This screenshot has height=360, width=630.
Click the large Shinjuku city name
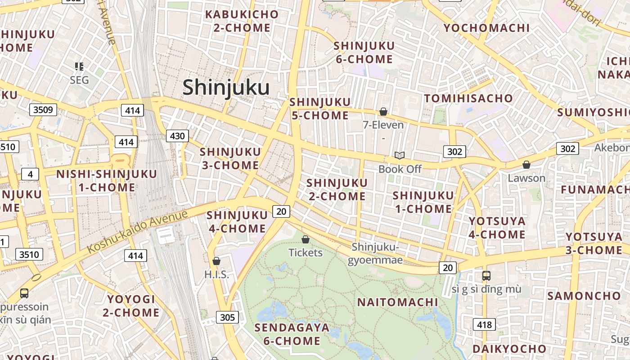point(226,87)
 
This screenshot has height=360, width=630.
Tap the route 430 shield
point(177,135)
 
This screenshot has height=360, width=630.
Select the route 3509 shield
point(43,109)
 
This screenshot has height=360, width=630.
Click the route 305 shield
point(228,317)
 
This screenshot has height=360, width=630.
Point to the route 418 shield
point(484,324)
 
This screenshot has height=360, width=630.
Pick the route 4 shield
point(30,174)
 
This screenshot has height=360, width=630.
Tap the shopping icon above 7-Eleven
point(383,111)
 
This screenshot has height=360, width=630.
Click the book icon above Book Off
point(400,155)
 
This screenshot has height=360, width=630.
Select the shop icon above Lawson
point(526,165)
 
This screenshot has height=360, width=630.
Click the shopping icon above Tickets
point(306,239)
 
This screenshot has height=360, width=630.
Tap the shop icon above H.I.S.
point(216,261)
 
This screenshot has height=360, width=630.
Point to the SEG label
point(79,80)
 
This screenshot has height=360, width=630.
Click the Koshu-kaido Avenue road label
point(137,231)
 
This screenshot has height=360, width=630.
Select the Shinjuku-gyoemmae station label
point(375,254)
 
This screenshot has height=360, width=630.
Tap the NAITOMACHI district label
point(397,302)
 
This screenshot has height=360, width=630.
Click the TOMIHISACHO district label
point(468,98)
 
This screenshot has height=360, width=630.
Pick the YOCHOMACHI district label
point(486,28)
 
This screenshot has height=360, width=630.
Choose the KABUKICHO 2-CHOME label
point(242,21)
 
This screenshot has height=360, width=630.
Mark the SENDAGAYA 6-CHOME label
point(292,334)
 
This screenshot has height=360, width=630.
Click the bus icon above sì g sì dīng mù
point(486,275)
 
